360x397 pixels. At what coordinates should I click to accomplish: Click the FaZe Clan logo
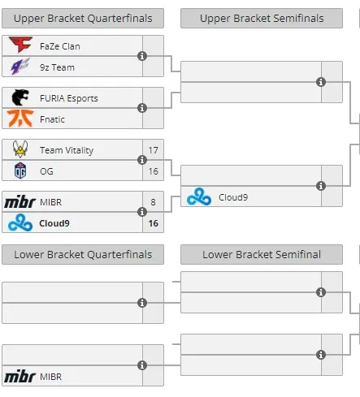20,45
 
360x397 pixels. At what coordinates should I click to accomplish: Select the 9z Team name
57,67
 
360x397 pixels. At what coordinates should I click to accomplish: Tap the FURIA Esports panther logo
20,97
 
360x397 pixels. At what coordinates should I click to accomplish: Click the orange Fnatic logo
20,119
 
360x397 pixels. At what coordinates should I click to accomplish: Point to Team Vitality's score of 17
153,150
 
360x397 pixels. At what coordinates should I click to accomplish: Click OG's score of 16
153,171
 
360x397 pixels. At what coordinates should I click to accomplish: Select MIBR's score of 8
153,202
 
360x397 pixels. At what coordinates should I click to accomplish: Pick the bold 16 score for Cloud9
153,223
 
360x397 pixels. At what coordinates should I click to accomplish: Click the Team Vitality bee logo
20,149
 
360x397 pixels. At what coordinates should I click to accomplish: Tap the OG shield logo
20,170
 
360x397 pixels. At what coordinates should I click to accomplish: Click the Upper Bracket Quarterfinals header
83,19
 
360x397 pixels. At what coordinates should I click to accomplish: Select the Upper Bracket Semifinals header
262,19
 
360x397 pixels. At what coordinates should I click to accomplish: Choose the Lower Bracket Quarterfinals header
83,255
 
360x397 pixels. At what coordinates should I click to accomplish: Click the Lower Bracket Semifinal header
262,255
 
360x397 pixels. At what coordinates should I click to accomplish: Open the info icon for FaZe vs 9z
142,56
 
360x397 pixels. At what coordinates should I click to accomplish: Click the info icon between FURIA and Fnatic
142,108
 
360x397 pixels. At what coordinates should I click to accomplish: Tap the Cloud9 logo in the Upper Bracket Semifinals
199,196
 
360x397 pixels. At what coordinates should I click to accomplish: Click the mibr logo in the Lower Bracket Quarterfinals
20,376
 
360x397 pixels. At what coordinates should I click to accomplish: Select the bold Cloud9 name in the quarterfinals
54,223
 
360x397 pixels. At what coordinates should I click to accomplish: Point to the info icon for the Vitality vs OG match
142,160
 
